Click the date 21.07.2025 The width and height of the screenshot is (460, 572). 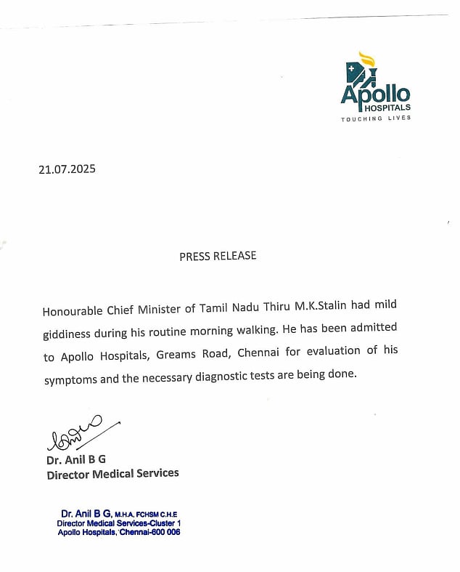pyautogui.click(x=67, y=170)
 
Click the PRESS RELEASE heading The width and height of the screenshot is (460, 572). pyautogui.click(x=218, y=256)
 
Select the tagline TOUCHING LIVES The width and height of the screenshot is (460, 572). pyautogui.click(x=376, y=118)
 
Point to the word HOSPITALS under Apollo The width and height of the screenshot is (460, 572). pyautogui.click(x=387, y=107)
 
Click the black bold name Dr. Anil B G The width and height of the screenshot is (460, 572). pyautogui.click(x=77, y=459)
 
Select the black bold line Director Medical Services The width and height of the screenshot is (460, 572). pyautogui.click(x=112, y=473)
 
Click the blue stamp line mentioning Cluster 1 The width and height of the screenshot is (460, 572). pyautogui.click(x=118, y=523)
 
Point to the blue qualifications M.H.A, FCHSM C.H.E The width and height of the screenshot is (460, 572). pyautogui.click(x=145, y=515)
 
